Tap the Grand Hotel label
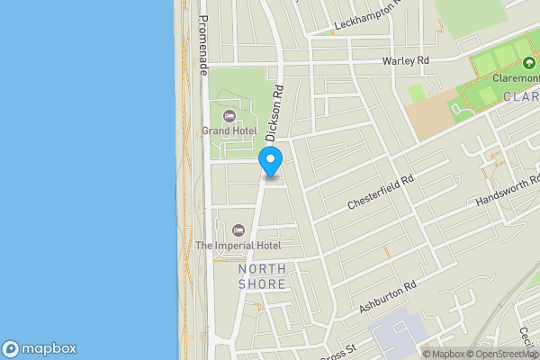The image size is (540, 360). pos(229,130)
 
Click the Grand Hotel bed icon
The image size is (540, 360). pos(229,115)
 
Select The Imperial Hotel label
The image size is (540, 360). pos(238,246)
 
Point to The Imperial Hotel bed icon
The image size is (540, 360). pos(238,230)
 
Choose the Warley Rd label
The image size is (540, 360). pos(406,60)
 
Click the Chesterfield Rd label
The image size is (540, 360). pos(382,193)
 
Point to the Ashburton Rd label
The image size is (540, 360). pos(389,298)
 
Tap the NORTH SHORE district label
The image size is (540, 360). pos(262,277)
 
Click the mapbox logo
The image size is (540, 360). pos(40,349)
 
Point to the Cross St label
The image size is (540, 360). pos(338,352)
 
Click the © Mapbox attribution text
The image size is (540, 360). pos(443,354)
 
